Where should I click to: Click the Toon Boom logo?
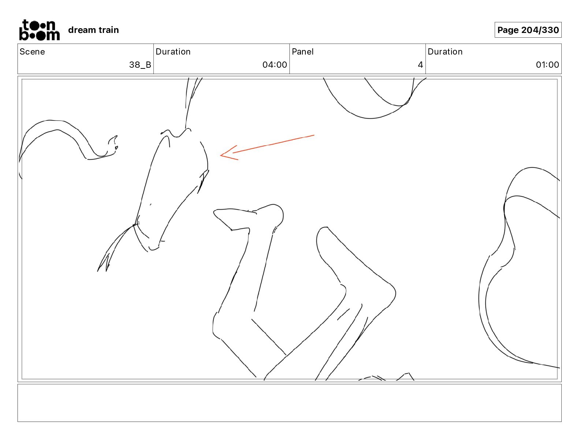pos(40,30)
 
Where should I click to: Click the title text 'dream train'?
pos(93,30)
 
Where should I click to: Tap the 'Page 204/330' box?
pos(528,30)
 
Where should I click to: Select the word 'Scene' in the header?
pos(32,52)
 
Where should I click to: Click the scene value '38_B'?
pos(140,64)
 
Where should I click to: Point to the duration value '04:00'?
pos(275,64)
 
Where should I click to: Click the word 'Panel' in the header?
pos(302,52)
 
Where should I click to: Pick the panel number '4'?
pos(420,64)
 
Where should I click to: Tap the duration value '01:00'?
pos(547,64)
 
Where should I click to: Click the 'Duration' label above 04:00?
pos(173,52)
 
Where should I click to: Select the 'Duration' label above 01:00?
pos(445,52)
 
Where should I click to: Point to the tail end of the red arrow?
pos(314,135)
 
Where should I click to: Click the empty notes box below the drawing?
pos(289,403)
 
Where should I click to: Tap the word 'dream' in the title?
pos(82,30)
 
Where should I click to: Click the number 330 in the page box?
pos(550,30)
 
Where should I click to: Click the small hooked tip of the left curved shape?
pos(113,145)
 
